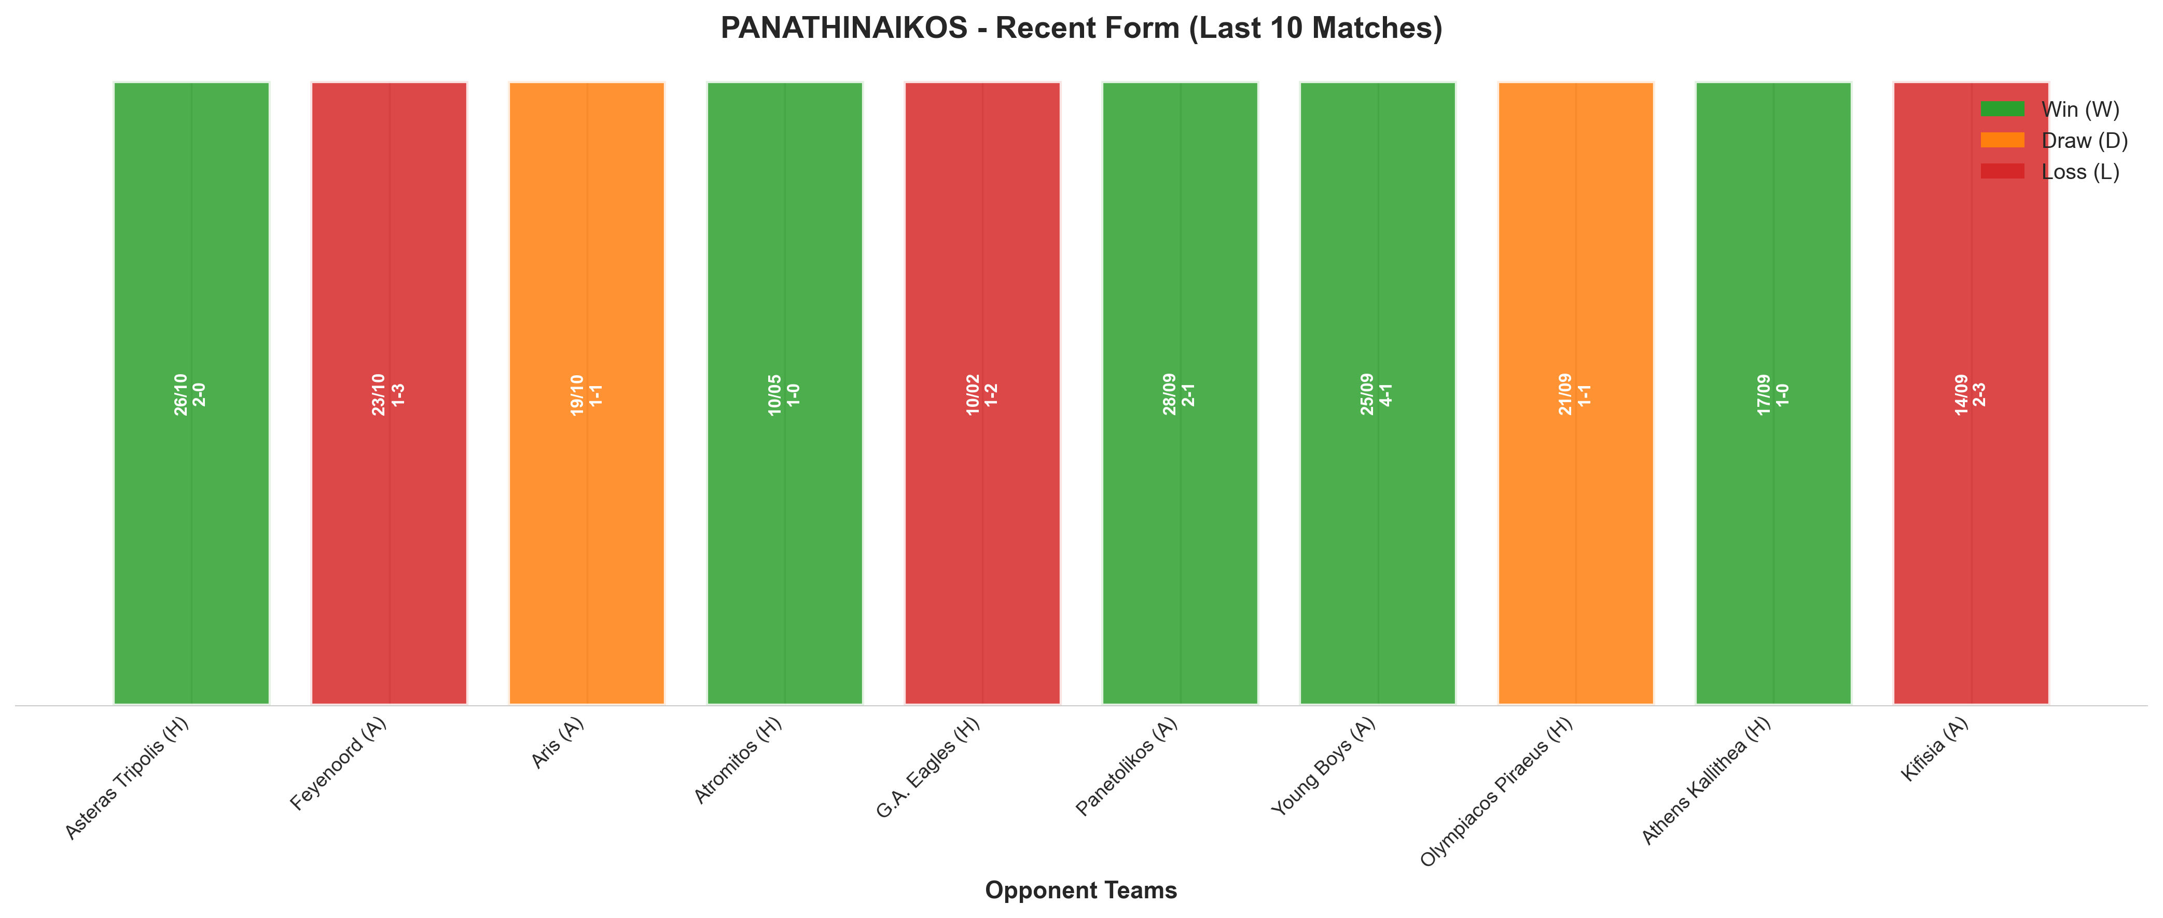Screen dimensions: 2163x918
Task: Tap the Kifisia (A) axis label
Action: pos(1935,749)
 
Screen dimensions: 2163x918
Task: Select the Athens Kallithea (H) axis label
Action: pos(1706,780)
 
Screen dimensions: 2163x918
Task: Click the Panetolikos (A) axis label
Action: pos(1127,766)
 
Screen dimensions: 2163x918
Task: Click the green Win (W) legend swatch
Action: pos(2003,109)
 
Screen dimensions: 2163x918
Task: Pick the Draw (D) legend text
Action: pos(2084,140)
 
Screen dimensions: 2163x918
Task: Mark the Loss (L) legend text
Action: pos(2081,172)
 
